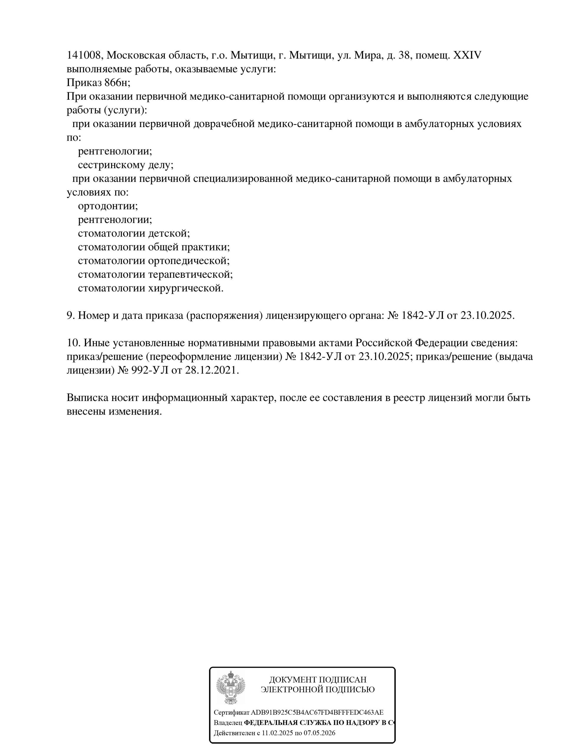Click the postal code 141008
point(83,55)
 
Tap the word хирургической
point(186,288)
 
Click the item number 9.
point(70,315)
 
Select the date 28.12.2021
point(212,370)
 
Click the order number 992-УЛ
point(150,370)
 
